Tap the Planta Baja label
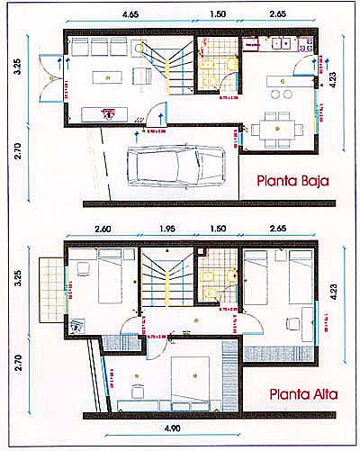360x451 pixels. (x=291, y=180)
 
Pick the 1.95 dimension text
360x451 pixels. (x=166, y=230)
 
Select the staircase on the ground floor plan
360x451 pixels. (x=166, y=68)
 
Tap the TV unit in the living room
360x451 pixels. (x=107, y=113)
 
